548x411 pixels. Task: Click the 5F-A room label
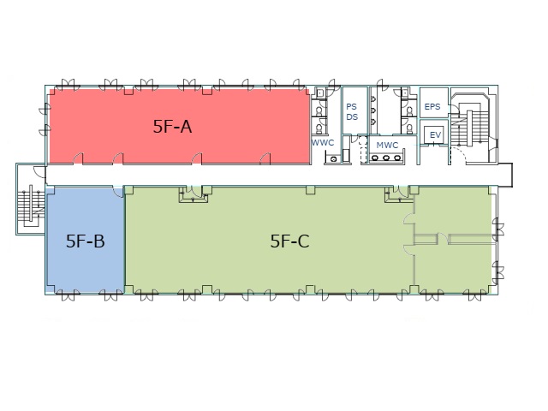172,126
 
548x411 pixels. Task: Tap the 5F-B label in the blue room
86,241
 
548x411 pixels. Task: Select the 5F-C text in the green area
289,241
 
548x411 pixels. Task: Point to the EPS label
432,106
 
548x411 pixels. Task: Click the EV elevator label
435,135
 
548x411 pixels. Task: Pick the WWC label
323,143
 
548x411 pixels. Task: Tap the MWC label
387,145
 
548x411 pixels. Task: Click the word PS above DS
352,106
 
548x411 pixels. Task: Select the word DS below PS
352,116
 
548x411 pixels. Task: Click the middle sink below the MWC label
386,158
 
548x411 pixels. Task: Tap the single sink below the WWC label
333,159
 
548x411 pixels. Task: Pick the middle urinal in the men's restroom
373,110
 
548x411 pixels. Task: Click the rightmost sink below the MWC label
397,158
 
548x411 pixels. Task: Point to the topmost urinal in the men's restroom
373,99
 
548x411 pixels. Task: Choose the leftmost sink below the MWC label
375,158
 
